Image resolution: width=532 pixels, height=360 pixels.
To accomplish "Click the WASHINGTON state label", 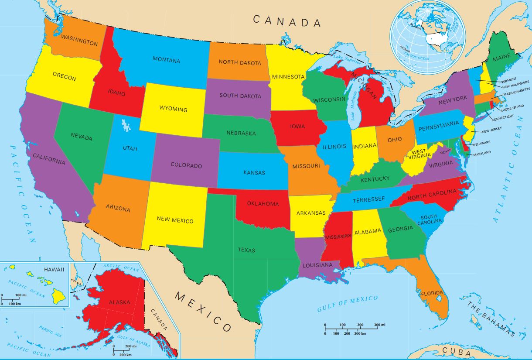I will point(79,40).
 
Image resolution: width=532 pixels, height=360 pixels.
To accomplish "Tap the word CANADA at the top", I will point(286,21).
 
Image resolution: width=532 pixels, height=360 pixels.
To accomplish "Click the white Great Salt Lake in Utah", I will point(126,126).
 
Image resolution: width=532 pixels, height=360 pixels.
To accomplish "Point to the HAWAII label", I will point(54,269).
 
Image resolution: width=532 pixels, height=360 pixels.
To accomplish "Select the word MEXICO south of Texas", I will point(203,312).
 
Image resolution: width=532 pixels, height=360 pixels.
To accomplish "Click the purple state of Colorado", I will point(186,165).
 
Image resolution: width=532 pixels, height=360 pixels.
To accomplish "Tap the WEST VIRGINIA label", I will point(419,154).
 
